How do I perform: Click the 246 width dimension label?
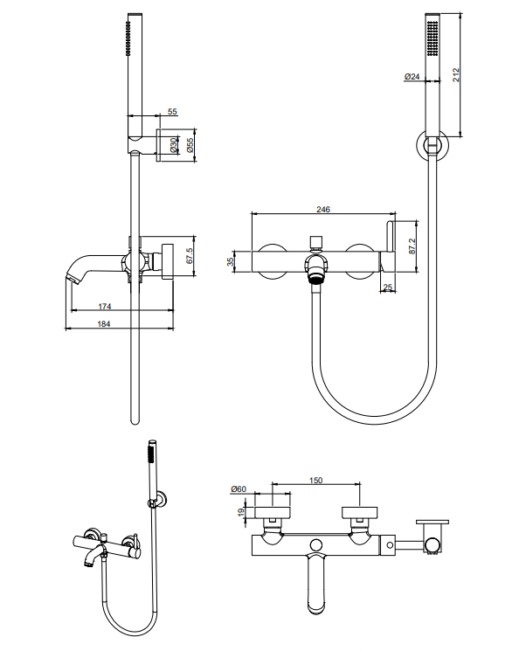click(x=323, y=209)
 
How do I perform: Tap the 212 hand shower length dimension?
click(x=456, y=75)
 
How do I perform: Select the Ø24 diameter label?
click(x=412, y=76)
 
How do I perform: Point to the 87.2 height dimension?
click(x=412, y=246)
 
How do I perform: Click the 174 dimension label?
click(x=105, y=307)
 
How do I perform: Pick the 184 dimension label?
click(x=104, y=324)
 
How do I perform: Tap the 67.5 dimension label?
click(x=190, y=256)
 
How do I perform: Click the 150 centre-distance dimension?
click(x=316, y=480)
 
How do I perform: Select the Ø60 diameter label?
click(x=239, y=489)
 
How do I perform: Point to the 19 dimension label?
click(x=241, y=513)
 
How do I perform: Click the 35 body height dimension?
click(x=230, y=261)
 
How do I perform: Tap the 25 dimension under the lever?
click(x=388, y=287)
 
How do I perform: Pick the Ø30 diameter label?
click(x=173, y=145)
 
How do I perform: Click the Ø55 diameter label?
click(x=190, y=145)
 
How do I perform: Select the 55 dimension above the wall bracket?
click(x=172, y=111)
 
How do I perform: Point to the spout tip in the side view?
click(x=72, y=279)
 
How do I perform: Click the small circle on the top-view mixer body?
click(x=316, y=545)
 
